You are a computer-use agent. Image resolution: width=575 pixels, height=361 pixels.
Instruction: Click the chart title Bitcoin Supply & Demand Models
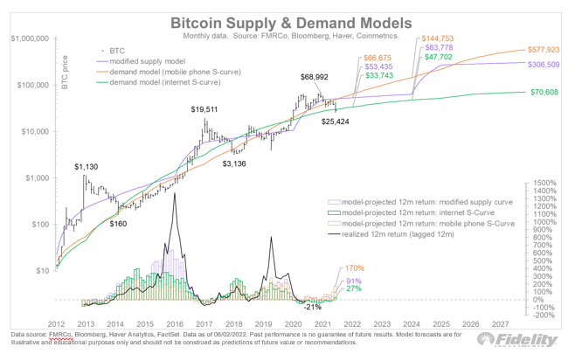[x=288, y=20]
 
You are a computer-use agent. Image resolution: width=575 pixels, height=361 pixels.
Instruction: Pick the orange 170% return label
[x=354, y=267]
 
